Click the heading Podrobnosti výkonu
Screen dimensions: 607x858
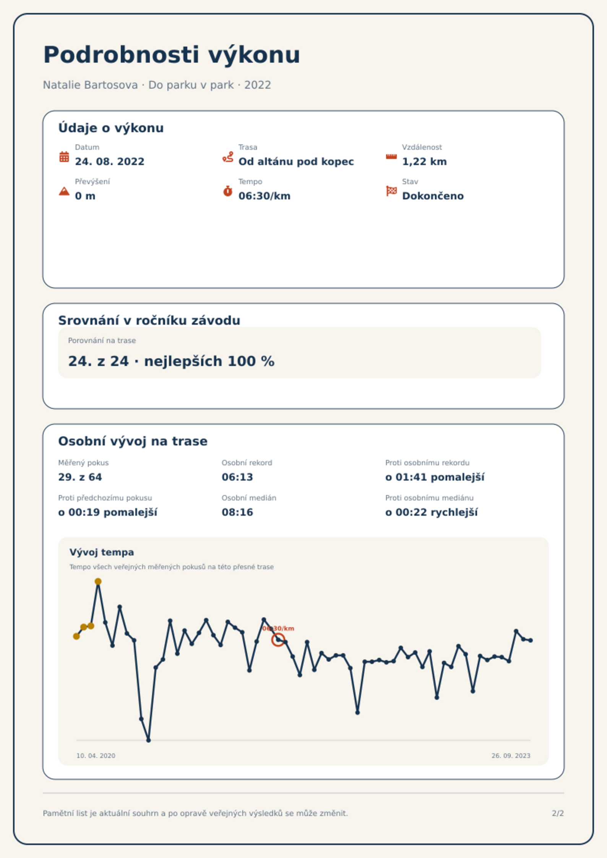tap(172, 55)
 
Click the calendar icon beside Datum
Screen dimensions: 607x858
tap(64, 157)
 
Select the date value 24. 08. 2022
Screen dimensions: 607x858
tap(110, 162)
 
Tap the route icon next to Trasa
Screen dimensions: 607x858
tap(228, 157)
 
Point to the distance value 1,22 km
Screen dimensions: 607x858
tap(424, 162)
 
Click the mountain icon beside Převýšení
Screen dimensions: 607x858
tap(64, 191)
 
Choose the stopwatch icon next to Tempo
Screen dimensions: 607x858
tap(228, 191)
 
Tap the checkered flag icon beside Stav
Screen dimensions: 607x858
tap(391, 191)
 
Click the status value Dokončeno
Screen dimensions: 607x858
tap(433, 196)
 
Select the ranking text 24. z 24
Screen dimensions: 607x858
tap(98, 361)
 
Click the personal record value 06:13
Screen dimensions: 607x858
tap(237, 477)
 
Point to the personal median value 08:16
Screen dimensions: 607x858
tap(237, 512)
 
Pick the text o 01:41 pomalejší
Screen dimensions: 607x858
tap(435, 477)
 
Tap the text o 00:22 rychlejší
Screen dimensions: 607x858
tap(431, 512)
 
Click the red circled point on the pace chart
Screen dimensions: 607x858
tap(278, 639)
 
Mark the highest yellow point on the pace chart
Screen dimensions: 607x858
tap(98, 581)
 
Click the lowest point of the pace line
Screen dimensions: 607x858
tap(149, 740)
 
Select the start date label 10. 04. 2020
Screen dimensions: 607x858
tap(96, 756)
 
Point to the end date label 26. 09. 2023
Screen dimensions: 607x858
tap(511, 756)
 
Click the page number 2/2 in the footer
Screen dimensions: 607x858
tap(558, 813)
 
